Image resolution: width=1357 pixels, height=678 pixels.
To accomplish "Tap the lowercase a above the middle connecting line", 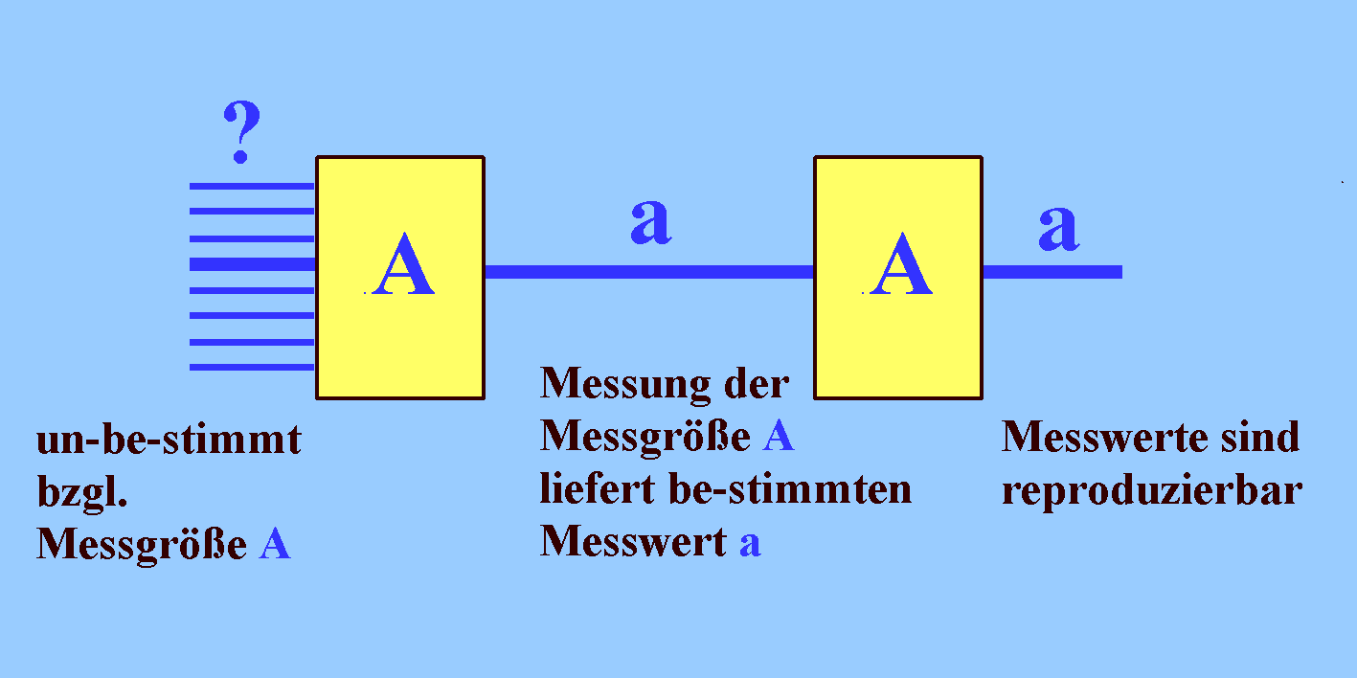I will pos(650,222).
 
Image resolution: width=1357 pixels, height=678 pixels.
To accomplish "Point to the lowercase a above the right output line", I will pos(1058,228).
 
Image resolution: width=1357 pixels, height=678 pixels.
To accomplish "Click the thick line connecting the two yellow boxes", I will pos(649,272).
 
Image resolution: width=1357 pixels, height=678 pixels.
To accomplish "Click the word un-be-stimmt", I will pos(169,441).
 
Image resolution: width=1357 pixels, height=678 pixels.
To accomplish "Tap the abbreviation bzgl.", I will pos(82,495).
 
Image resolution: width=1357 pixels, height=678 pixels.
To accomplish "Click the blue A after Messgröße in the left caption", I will pos(274,546).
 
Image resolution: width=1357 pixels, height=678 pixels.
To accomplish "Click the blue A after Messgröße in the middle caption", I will pos(779,438).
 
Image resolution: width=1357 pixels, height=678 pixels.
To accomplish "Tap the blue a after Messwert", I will pos(750,544).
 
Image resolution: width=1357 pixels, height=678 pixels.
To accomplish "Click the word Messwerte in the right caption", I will pos(1087,438).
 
